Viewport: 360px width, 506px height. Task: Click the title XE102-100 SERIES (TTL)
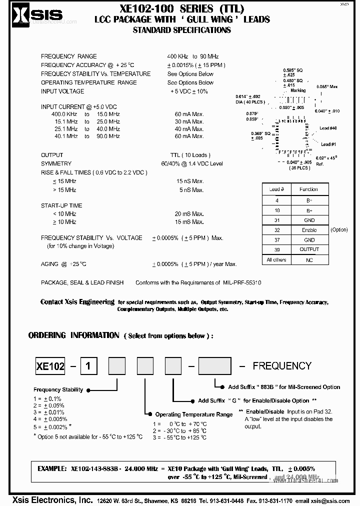(x=182, y=8)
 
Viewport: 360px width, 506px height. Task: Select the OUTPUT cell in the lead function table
(x=309, y=249)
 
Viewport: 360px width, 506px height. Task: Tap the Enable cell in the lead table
(x=309, y=230)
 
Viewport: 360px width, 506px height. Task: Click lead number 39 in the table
(x=277, y=249)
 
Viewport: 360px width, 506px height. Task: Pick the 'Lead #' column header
(x=277, y=189)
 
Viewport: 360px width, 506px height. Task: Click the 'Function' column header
(x=309, y=189)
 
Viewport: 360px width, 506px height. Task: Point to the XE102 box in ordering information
(x=50, y=366)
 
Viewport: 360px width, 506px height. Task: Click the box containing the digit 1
(x=88, y=366)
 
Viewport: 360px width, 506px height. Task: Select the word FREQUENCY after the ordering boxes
(x=282, y=366)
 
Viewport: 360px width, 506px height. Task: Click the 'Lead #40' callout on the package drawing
(x=328, y=128)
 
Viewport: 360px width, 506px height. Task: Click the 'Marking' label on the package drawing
(x=298, y=90)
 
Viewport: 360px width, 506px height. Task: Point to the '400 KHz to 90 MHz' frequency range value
(x=193, y=56)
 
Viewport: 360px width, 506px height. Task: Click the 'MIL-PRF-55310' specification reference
(x=242, y=283)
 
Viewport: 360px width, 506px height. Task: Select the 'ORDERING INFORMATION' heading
(x=73, y=335)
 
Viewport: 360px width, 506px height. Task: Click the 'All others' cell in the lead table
(x=276, y=260)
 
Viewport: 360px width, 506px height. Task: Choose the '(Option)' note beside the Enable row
(x=339, y=230)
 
